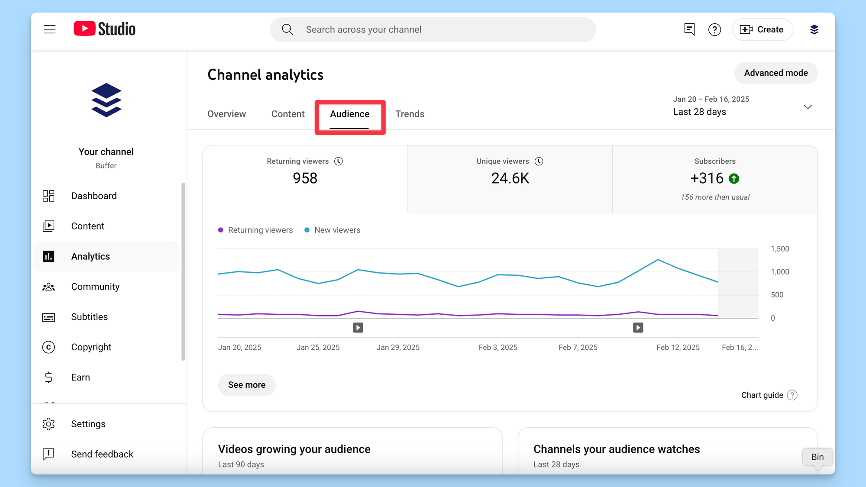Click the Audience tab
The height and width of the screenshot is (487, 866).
click(349, 114)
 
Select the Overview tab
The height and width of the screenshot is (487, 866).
click(226, 114)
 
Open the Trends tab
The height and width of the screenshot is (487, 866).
click(410, 114)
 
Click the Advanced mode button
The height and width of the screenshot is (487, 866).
click(776, 73)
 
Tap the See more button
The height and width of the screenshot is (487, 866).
click(247, 385)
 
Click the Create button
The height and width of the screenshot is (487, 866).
click(763, 30)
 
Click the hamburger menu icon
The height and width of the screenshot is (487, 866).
click(50, 29)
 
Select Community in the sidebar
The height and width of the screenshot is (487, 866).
click(95, 287)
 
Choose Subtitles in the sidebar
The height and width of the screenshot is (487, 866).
click(89, 317)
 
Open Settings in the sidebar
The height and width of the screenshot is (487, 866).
click(88, 424)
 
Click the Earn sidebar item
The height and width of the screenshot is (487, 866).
click(81, 377)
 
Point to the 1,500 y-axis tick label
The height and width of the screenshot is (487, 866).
click(780, 249)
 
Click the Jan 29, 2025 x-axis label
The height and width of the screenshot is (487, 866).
click(398, 348)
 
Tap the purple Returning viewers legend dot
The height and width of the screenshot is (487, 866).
click(221, 230)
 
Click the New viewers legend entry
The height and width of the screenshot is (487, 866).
click(337, 230)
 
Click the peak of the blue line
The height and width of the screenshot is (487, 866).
click(658, 260)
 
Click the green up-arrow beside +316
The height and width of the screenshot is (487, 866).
click(734, 179)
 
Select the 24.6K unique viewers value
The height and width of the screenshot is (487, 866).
click(510, 178)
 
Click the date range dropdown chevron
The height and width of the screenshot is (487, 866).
click(808, 107)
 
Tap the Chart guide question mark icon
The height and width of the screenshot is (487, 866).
click(792, 395)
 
